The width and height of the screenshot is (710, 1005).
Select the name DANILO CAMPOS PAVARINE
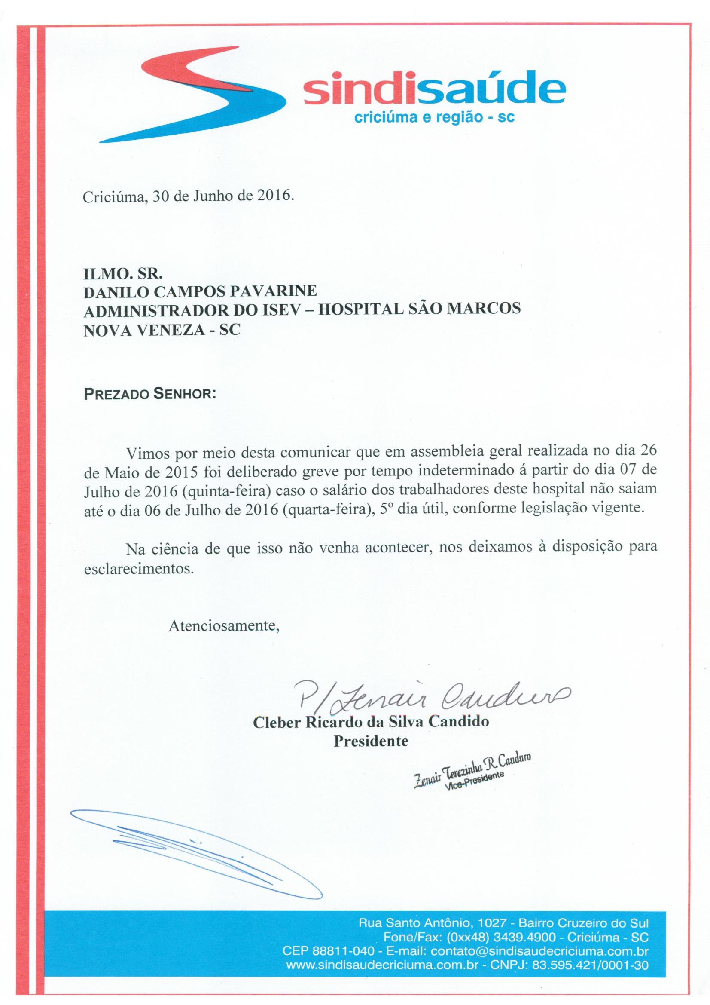pos(200,291)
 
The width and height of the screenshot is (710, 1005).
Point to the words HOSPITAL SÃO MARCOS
pos(419,309)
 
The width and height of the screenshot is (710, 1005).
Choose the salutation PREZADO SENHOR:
pos(150,394)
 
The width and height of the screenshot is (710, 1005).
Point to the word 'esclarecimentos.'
pos(138,569)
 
